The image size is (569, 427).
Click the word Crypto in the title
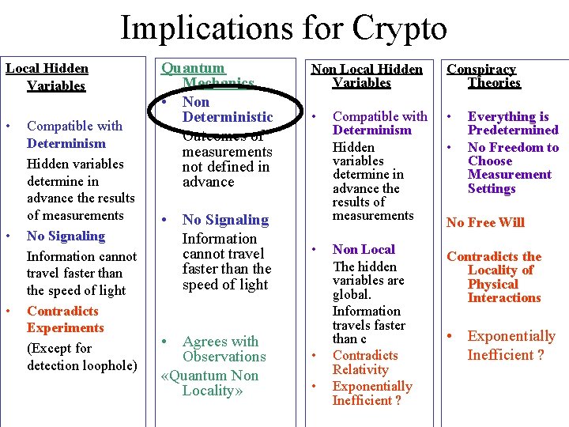[x=400, y=28]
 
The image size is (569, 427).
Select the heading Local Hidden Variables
[x=47, y=77]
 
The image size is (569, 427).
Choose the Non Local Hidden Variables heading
[x=367, y=76]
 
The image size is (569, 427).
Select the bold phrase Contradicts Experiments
[x=65, y=319]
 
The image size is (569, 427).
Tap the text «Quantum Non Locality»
[x=209, y=383]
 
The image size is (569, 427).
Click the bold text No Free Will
[x=485, y=222]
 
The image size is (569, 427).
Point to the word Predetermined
[x=513, y=130]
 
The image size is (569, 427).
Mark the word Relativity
[x=360, y=369]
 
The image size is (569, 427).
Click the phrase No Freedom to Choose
[x=513, y=154]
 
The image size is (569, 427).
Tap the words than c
[x=349, y=339]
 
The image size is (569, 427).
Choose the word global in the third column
[x=351, y=295]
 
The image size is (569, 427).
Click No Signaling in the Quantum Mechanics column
[x=225, y=220]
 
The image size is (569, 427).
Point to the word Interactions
[x=504, y=297]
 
